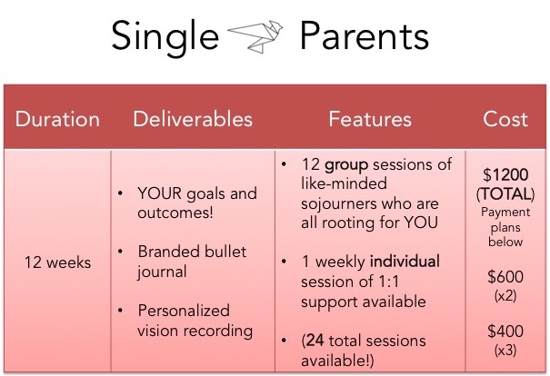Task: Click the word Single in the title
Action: click(165, 38)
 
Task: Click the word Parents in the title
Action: click(365, 35)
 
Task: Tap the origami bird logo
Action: click(255, 36)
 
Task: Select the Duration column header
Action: click(57, 119)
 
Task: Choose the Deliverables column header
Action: click(193, 119)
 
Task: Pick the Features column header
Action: click(370, 119)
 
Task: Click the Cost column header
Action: click(505, 119)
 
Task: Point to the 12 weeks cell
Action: click(57, 262)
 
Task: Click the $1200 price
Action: click(505, 174)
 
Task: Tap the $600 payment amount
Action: click(505, 276)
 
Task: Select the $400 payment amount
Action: click(505, 331)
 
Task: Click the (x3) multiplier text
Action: click(505, 350)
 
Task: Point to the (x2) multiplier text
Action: click(505, 296)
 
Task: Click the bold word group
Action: click(346, 165)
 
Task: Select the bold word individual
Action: click(405, 262)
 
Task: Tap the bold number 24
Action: click(315, 341)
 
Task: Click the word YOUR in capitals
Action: click(160, 193)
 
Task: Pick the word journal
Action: click(162, 272)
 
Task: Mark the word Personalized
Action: click(184, 312)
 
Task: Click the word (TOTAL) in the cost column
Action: click(505, 193)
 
